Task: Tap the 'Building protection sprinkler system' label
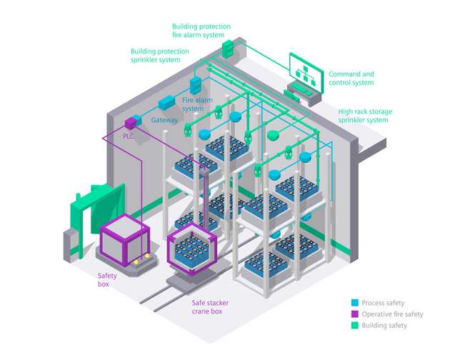(x=159, y=55)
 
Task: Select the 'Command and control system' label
(x=351, y=78)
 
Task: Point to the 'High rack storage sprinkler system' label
(x=364, y=116)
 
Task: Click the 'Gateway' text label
(x=164, y=121)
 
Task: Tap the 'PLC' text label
(x=129, y=135)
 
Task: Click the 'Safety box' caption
(x=108, y=278)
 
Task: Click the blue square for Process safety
(x=355, y=302)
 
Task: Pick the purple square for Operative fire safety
(x=355, y=314)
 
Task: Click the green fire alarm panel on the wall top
(x=228, y=49)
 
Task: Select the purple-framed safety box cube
(x=123, y=236)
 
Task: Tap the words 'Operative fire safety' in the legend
(x=392, y=314)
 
